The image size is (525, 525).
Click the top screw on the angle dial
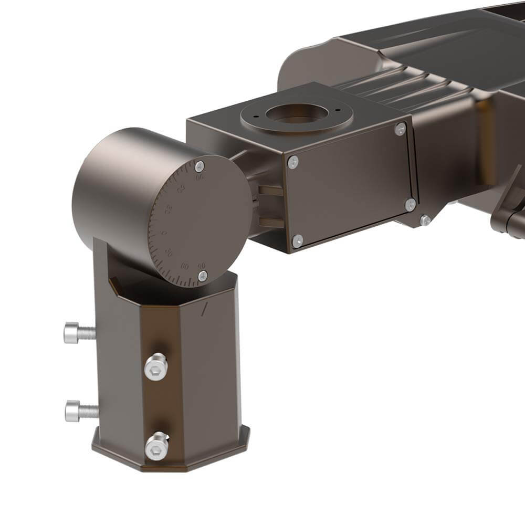click(x=199, y=167)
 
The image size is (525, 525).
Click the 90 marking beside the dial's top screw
click(x=200, y=177)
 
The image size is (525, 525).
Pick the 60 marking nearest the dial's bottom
click(x=185, y=266)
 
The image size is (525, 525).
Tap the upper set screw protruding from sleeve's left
click(x=79, y=332)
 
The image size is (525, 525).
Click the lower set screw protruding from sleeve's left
click(x=80, y=411)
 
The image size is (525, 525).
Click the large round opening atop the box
click(x=297, y=114)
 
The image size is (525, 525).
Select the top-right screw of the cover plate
click(x=401, y=129)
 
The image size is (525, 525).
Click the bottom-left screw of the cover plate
click(x=297, y=240)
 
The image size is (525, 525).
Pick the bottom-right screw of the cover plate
click(x=410, y=204)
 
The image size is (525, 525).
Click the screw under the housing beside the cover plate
click(x=425, y=220)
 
